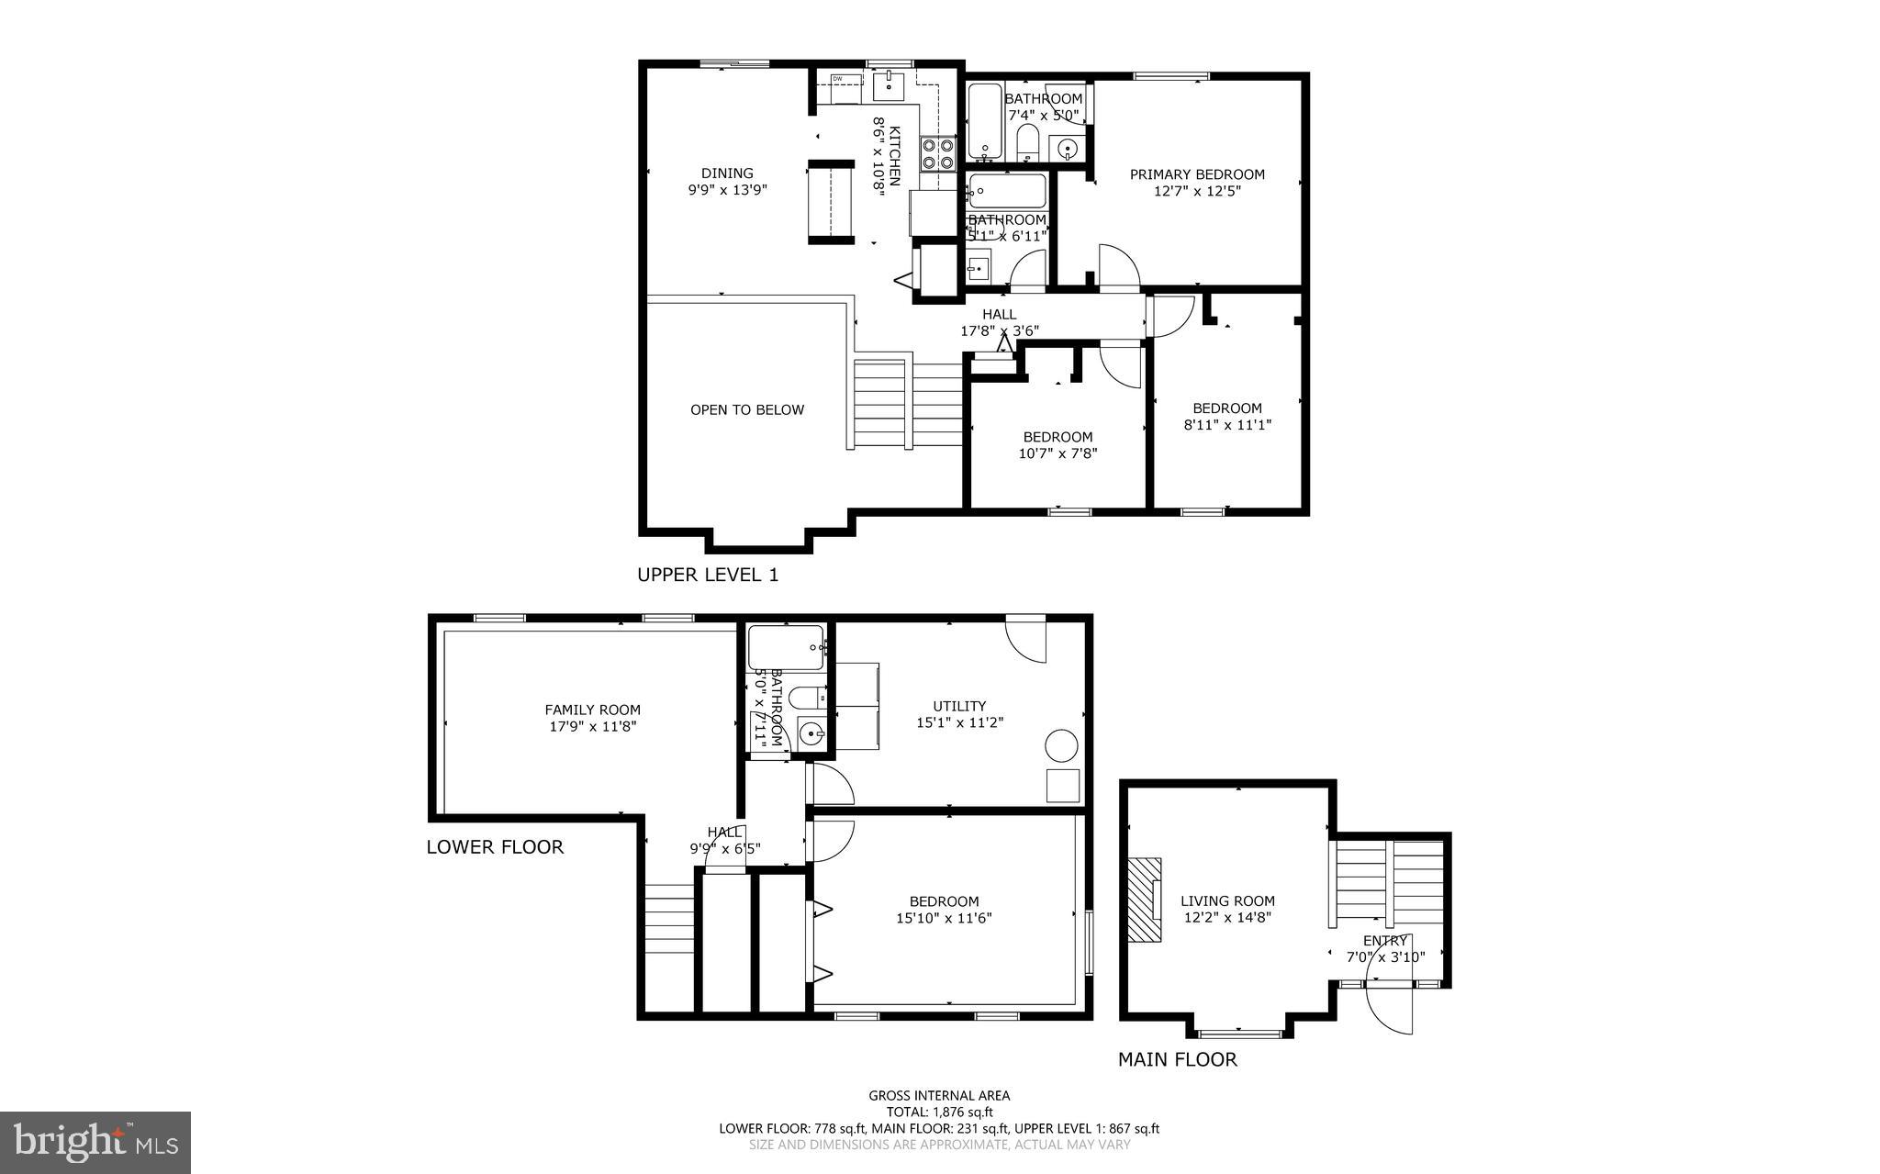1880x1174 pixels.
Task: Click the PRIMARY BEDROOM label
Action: [1197, 174]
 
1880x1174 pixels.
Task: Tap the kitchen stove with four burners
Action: [937, 153]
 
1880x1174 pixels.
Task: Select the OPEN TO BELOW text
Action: [747, 410]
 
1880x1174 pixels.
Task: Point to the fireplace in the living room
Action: [1145, 900]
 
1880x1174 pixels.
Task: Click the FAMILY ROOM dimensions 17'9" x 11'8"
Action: [592, 726]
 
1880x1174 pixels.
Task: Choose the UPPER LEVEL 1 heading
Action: [708, 576]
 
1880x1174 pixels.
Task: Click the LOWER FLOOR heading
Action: [495, 847]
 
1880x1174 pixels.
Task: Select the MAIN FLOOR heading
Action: [1177, 1060]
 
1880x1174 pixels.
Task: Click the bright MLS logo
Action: [95, 1142]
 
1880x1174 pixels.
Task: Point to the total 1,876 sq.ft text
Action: [939, 1112]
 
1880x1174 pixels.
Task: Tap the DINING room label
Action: [727, 173]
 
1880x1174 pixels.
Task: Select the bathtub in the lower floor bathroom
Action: [786, 648]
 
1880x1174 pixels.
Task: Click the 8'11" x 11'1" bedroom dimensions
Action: [1226, 425]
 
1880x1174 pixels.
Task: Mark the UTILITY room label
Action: [959, 706]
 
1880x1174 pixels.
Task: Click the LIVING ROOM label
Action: [1227, 901]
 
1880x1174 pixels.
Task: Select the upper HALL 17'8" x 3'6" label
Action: [1000, 322]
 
